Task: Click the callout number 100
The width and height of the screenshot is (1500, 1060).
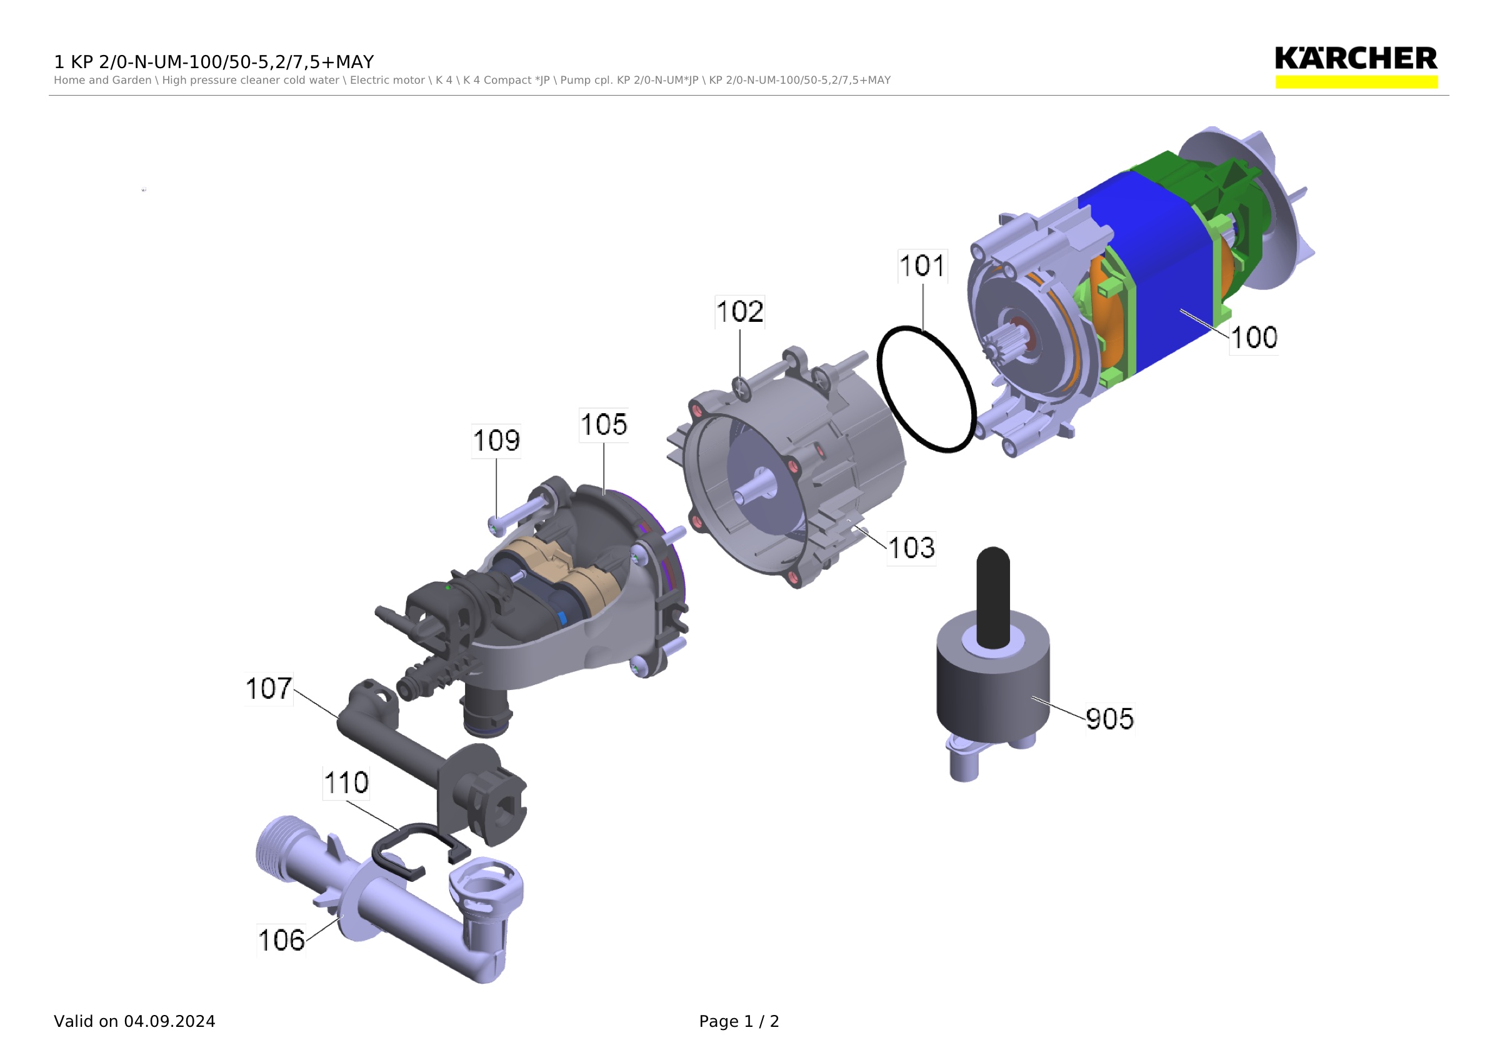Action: [1254, 337]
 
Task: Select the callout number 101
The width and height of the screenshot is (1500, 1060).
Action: [922, 266]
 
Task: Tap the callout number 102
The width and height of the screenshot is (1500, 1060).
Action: [739, 311]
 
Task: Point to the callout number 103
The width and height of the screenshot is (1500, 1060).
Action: [911, 548]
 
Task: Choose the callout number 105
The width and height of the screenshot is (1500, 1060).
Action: [604, 424]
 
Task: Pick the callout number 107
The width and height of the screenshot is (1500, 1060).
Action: [269, 688]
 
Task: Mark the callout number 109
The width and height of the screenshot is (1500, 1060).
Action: [496, 441]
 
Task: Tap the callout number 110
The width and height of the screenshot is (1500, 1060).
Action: [346, 782]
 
